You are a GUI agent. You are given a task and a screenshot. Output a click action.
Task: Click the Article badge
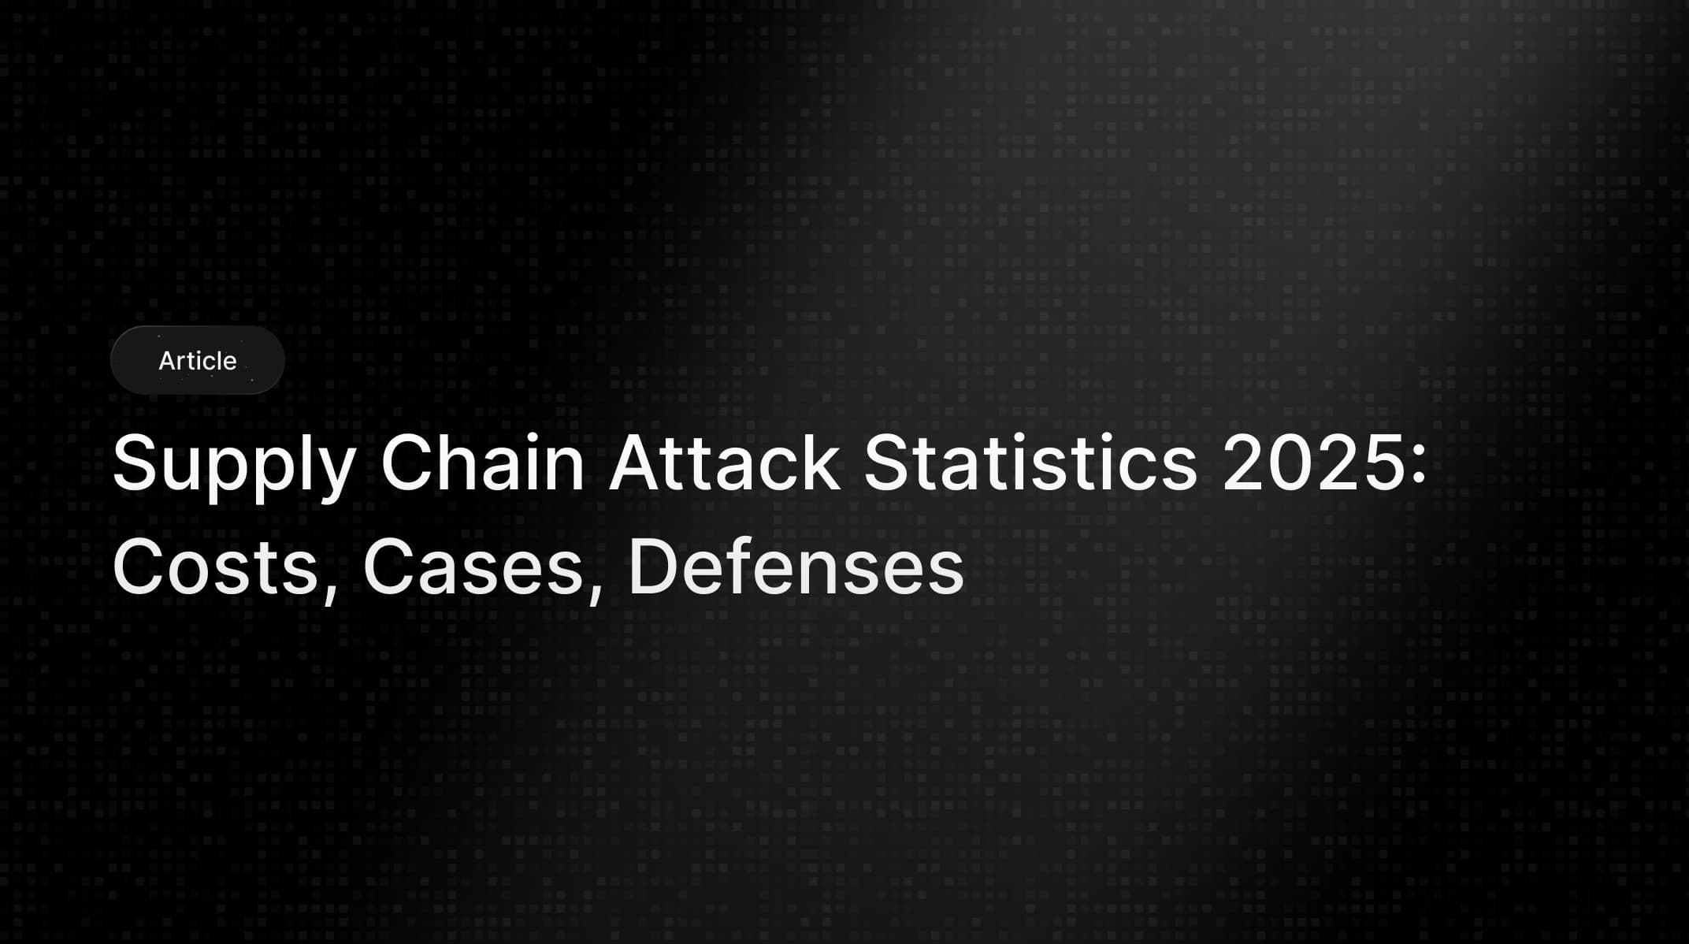coord(197,360)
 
